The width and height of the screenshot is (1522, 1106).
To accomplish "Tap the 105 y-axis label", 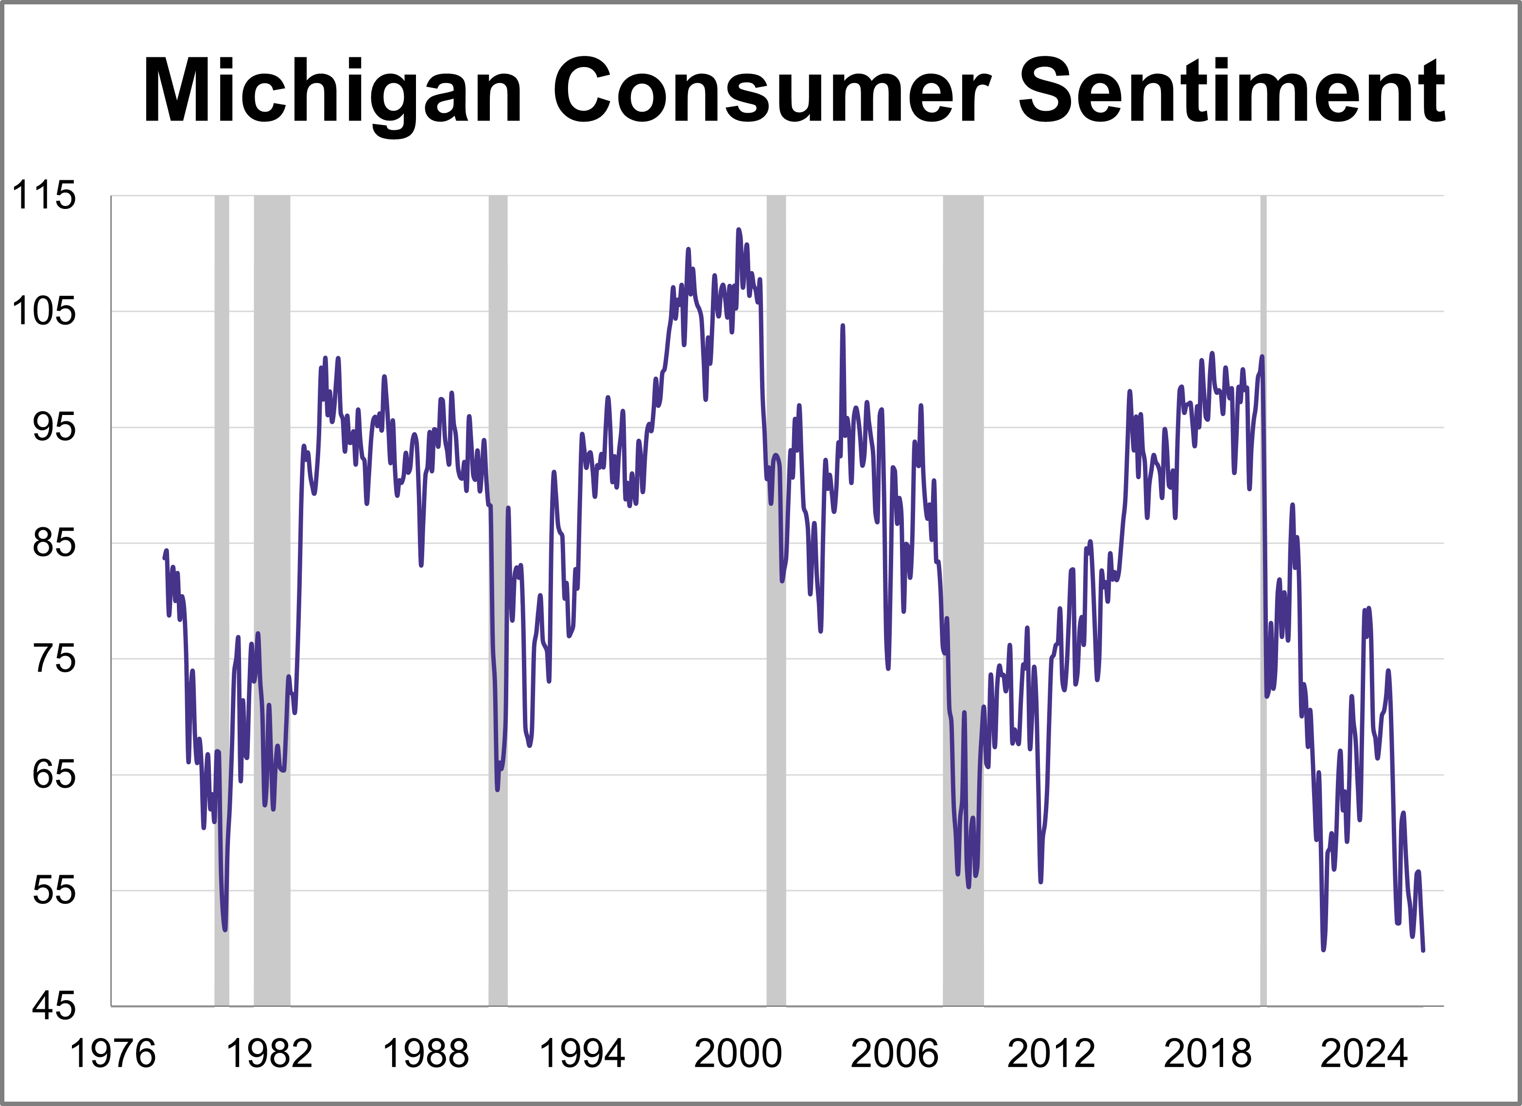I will (x=44, y=311).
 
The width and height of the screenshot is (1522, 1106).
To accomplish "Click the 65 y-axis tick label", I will (x=53, y=775).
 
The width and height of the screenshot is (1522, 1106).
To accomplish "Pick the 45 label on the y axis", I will (x=53, y=1006).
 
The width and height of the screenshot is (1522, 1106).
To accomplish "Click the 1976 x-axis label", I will (x=112, y=1054).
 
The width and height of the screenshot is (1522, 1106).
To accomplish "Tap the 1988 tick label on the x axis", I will (x=426, y=1054).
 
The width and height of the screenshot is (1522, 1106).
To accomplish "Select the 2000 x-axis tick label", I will (x=738, y=1054).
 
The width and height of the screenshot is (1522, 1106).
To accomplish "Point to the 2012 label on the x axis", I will (x=1051, y=1054).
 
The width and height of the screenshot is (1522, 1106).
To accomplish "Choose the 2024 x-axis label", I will (x=1364, y=1054).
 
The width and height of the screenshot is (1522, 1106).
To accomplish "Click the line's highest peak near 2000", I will (x=738, y=230).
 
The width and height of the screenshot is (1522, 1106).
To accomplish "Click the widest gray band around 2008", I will (x=963, y=604).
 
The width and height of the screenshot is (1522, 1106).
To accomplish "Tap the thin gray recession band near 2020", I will (x=1263, y=604).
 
